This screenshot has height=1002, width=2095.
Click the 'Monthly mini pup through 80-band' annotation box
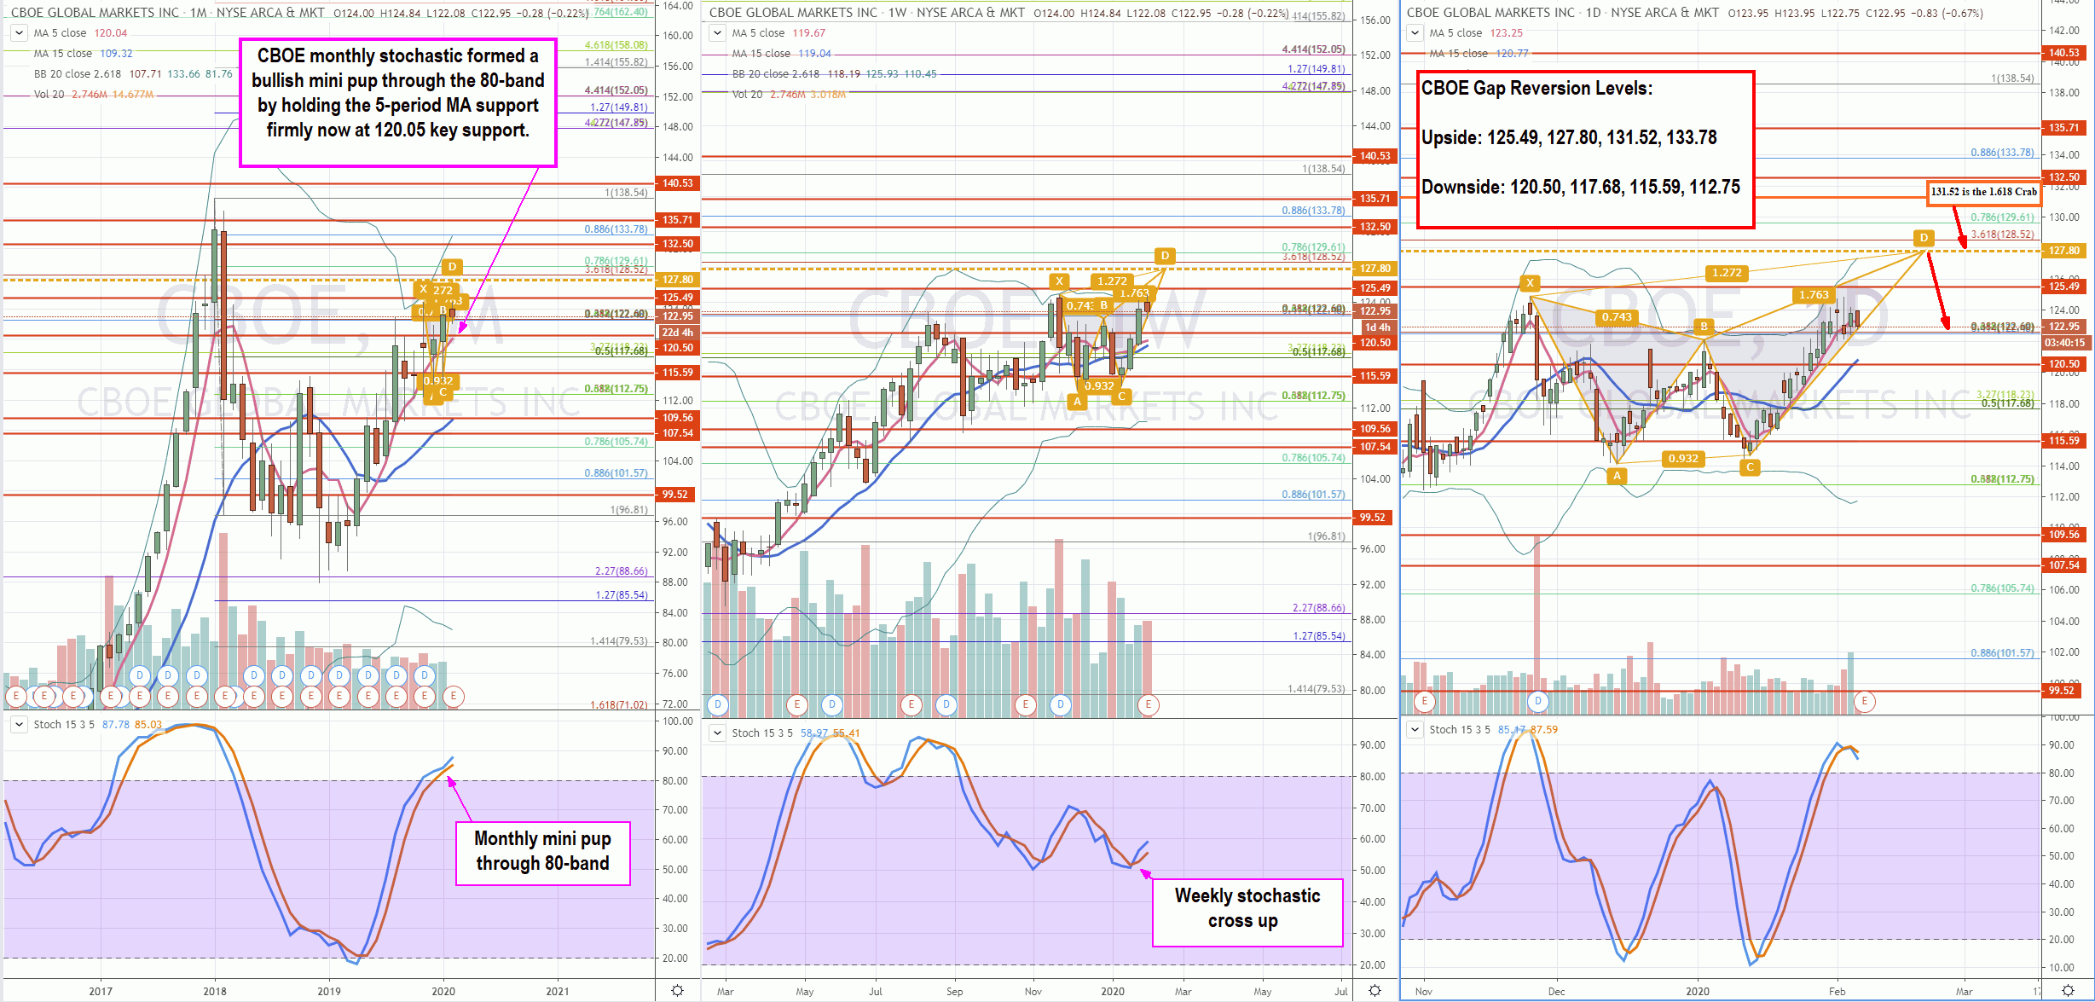[542, 852]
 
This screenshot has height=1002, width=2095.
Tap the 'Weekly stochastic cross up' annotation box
[1247, 909]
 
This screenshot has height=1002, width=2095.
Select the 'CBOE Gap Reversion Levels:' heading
[1537, 89]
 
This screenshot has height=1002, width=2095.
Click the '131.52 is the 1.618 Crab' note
[1983, 193]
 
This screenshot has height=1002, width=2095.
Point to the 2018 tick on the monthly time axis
[215, 991]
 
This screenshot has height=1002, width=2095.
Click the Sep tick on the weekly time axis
[954, 991]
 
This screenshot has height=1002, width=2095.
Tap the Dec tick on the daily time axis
[1556, 991]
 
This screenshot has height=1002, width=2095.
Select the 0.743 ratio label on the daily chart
[1616, 317]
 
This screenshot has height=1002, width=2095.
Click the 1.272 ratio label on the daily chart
[1727, 273]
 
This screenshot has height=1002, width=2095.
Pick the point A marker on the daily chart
[1617, 476]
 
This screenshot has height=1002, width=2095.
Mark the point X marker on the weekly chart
[1059, 281]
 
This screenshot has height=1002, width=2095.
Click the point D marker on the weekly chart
[1165, 256]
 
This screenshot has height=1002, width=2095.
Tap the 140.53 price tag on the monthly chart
[678, 183]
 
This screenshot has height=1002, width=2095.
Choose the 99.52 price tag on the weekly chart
[1373, 518]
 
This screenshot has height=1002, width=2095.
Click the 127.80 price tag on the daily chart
[2063, 251]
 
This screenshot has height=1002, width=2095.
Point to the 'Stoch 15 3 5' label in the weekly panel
[761, 733]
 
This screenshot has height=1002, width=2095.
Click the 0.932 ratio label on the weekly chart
[1099, 385]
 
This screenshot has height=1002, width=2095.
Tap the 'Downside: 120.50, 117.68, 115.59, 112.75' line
[1580, 188]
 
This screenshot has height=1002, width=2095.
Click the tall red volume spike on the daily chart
[1537, 614]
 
